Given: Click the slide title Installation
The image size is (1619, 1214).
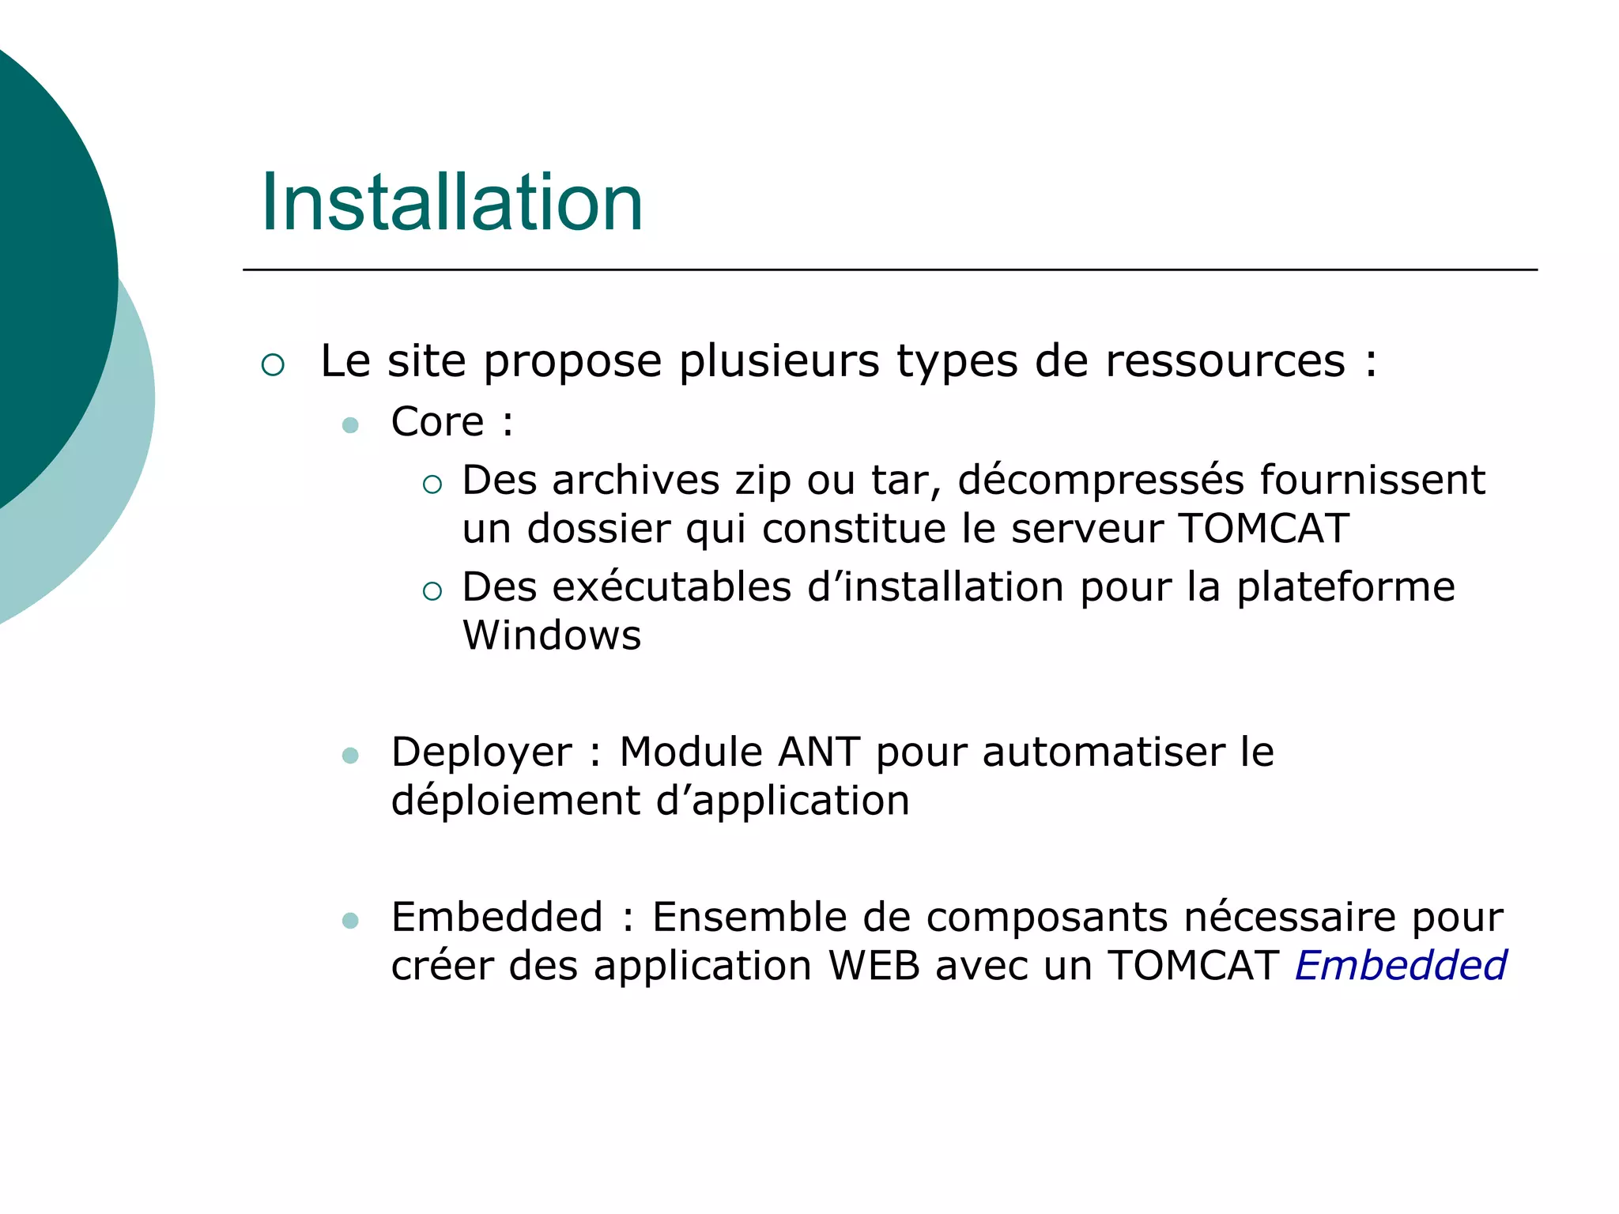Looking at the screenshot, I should [451, 203].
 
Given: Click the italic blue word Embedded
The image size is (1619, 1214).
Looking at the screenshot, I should [1400, 966].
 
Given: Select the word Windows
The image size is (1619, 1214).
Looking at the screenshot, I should [552, 635].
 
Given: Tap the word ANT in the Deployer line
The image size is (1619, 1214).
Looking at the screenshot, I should [819, 752].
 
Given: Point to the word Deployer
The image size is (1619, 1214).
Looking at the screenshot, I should [481, 753].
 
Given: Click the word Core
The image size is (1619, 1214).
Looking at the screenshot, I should [437, 422].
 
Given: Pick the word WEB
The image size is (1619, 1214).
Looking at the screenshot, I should [874, 966].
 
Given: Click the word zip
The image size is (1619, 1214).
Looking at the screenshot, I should [763, 481].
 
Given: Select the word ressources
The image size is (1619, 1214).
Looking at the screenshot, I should [1225, 361].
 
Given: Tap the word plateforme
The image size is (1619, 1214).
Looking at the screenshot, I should [1345, 587].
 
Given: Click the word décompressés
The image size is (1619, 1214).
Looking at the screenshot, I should [1100, 481].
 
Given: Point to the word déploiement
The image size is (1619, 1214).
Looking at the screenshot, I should [515, 801].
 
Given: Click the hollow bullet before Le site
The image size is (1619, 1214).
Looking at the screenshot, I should [273, 364].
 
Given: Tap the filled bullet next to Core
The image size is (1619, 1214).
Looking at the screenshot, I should [350, 425].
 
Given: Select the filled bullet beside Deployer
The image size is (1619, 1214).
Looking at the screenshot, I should [350, 756].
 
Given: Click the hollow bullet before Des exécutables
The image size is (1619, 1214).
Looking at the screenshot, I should [432, 591].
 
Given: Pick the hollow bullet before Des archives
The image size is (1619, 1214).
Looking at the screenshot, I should [432, 484].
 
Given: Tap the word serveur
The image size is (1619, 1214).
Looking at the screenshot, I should [1086, 528].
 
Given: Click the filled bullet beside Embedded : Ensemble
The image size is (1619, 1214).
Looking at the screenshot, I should [350, 921].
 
